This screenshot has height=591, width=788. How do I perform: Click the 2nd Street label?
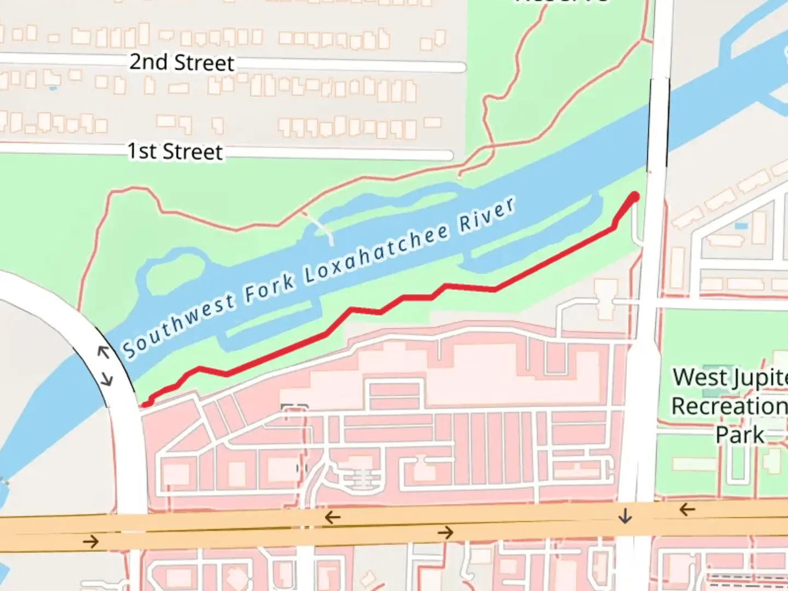pos(181,62)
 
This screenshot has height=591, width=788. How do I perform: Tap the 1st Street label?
pos(175,152)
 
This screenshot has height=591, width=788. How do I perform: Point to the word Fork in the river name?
pos(270,286)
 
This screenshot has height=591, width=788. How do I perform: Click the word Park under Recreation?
pos(740,435)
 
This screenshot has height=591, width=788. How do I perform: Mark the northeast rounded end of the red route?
pos(635,196)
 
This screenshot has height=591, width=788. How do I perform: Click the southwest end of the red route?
pos(146,404)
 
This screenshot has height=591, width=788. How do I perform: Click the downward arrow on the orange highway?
pos(625,515)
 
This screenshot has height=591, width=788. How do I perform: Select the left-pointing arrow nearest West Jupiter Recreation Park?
pos(687,510)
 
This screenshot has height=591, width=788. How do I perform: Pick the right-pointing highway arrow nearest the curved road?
pos(91,542)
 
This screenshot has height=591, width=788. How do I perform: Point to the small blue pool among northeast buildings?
pos(741,225)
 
